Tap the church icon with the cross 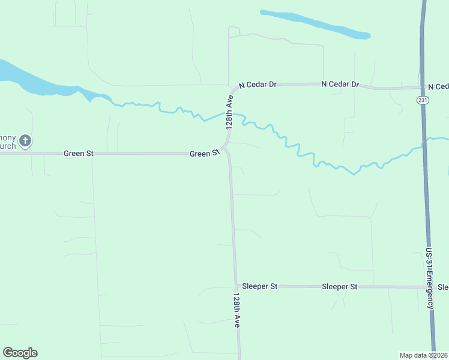(x=25, y=142)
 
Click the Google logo (x=20, y=353)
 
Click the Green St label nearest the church (x=79, y=154)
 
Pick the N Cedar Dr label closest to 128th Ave (x=258, y=85)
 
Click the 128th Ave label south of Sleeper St (x=238, y=310)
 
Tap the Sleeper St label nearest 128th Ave (x=259, y=287)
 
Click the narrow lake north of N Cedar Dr (x=314, y=23)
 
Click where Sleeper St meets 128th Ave (x=235, y=286)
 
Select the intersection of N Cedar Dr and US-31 (x=423, y=88)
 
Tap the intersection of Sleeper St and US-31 (x=429, y=287)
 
